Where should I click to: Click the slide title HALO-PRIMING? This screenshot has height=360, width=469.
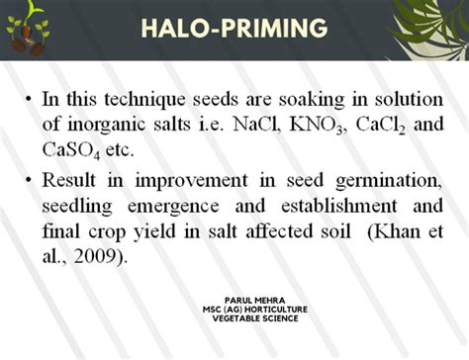234,29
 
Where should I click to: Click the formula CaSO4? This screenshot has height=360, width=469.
69,150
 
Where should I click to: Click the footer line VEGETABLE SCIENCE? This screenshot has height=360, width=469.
238,319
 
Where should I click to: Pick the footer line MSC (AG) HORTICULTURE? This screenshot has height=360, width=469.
238,310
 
